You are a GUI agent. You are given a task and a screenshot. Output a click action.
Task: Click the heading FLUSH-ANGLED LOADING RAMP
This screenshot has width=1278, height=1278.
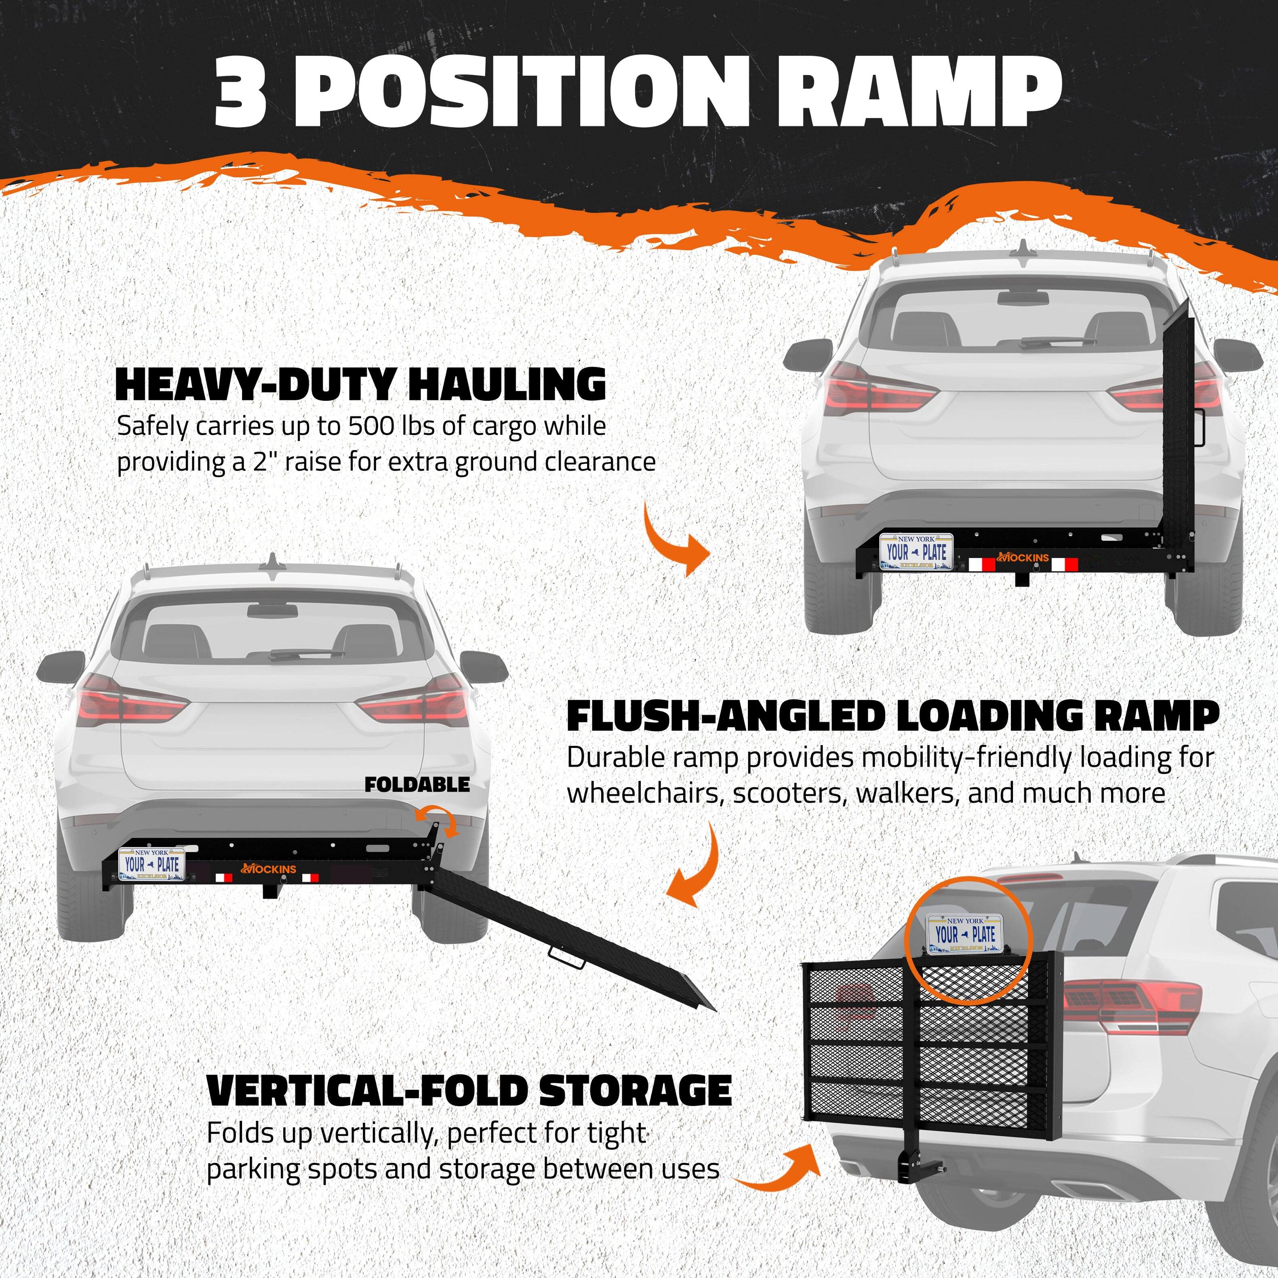coord(893,716)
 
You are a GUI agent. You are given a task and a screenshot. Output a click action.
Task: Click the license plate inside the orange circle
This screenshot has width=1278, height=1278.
coord(966,934)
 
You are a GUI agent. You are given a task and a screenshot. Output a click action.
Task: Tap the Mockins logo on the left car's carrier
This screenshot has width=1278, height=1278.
coord(269,869)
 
